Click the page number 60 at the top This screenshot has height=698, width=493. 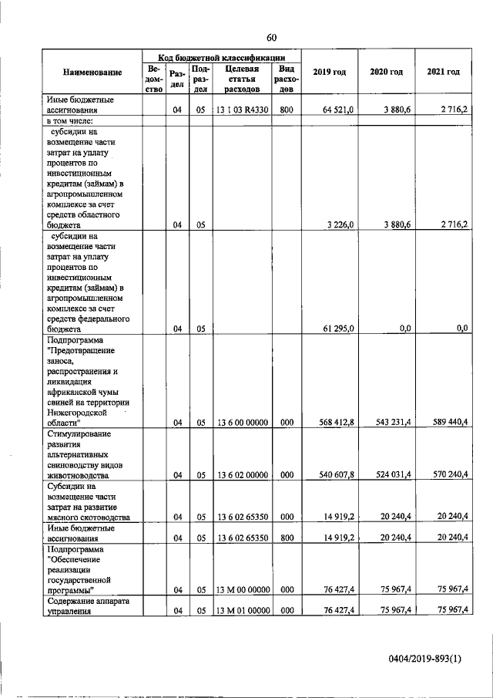(271, 38)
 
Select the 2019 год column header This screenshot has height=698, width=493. (329, 72)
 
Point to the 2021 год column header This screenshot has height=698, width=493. (443, 72)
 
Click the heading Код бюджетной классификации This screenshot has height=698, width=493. (222, 57)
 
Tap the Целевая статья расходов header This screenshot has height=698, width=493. (240, 78)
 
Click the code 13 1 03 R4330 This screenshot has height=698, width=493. (241, 111)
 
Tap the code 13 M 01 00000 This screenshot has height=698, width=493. (241, 609)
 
